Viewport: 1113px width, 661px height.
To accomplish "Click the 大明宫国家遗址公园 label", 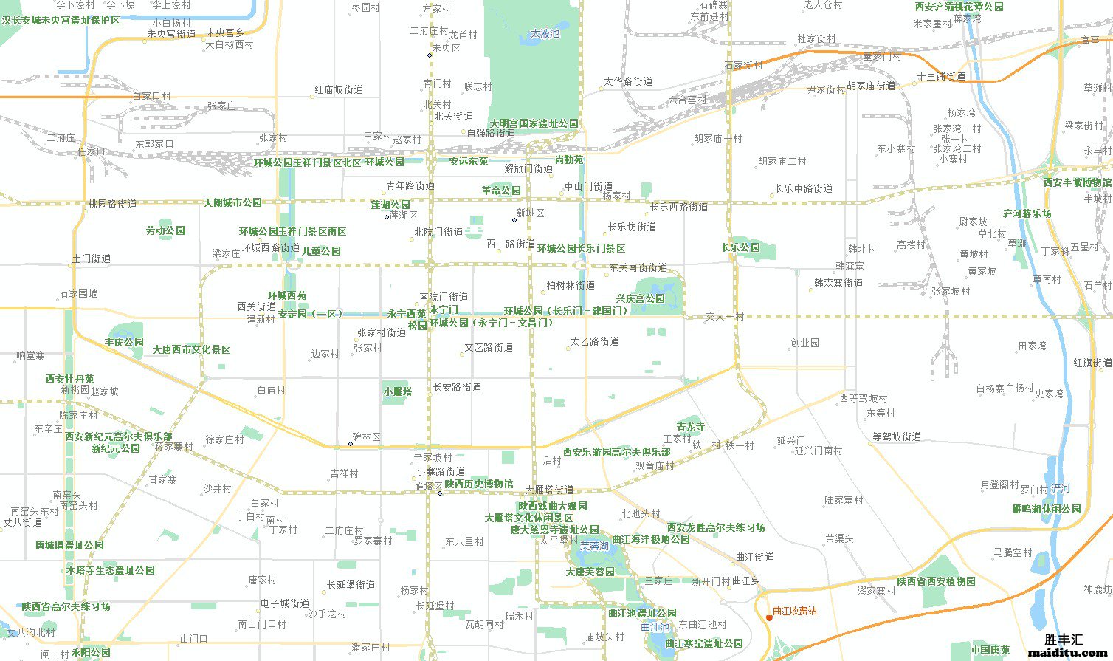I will click(x=534, y=123).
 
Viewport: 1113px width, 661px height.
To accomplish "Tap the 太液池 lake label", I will click(x=545, y=33).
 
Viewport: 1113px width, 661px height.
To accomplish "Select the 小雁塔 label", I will click(x=398, y=391).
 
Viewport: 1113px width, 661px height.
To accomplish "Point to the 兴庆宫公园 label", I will click(x=641, y=298).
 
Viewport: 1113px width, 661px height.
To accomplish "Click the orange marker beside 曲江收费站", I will click(x=768, y=617).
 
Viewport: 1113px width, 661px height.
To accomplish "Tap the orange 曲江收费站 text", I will click(x=795, y=611).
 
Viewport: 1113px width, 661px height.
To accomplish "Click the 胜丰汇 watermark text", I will click(x=1064, y=640).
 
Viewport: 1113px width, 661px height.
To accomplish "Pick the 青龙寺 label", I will click(x=691, y=427).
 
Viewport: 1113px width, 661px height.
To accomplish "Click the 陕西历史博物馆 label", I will click(x=479, y=483).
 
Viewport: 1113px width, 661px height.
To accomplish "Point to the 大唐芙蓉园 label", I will click(x=590, y=572).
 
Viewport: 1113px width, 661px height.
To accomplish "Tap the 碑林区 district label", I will click(x=367, y=437).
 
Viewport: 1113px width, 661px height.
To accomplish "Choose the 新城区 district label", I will click(x=531, y=213).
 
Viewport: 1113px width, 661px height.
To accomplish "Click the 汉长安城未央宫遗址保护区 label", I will click(x=61, y=21).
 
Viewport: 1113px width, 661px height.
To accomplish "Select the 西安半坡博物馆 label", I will click(x=1077, y=182).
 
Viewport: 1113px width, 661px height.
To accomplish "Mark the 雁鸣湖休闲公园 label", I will click(x=1047, y=509).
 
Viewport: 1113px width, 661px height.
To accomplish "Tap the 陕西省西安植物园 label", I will click(x=936, y=581).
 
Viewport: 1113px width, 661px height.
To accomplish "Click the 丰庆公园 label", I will click(x=124, y=342).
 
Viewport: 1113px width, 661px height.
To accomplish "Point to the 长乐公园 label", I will click(x=740, y=247).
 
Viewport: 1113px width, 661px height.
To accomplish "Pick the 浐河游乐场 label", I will click(x=1027, y=213).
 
